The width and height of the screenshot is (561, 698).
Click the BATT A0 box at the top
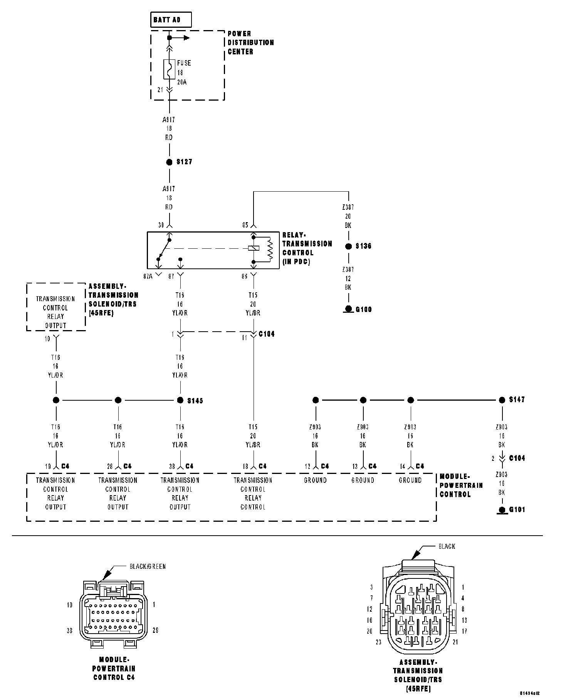[x=171, y=20]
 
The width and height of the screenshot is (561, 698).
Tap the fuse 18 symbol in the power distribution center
[x=169, y=69]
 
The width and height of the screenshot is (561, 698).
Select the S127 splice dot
[x=169, y=162]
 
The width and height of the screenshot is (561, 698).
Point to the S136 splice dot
[x=349, y=246]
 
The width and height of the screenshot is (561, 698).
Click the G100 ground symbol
[x=349, y=309]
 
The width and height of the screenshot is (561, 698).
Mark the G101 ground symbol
[x=502, y=510]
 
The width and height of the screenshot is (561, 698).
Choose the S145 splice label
[x=195, y=401]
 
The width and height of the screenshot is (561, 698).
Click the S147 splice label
[x=517, y=400]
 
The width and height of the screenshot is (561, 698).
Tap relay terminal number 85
[x=245, y=225]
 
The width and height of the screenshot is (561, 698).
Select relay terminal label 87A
[x=148, y=276]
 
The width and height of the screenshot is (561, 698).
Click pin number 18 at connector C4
[x=245, y=467]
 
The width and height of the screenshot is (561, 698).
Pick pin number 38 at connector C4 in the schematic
[x=172, y=467]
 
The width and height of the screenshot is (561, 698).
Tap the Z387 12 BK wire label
[x=348, y=278]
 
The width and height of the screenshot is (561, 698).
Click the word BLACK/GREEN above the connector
[x=147, y=566]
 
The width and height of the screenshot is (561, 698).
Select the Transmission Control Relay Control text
[x=253, y=494]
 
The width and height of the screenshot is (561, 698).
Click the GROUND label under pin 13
[x=363, y=481]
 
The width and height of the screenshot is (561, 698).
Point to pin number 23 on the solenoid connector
[x=378, y=642]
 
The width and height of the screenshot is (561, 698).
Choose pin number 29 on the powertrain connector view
[x=155, y=630]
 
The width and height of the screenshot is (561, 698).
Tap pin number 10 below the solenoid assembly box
[x=47, y=339]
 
